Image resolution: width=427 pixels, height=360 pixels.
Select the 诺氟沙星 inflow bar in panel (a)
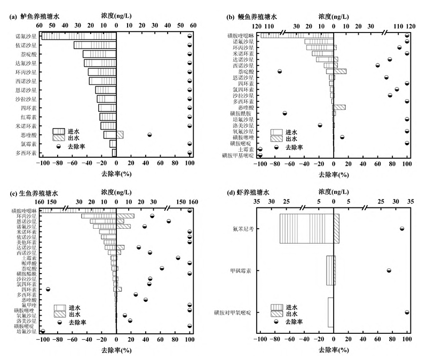[x=79, y=36]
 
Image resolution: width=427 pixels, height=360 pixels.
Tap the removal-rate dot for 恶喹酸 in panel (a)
[x=149, y=134]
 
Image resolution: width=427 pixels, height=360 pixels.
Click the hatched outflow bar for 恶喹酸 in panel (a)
[x=120, y=135]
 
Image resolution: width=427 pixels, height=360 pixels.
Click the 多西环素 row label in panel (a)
[x=26, y=153]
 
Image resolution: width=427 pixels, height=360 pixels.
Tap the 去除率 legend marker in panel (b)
[x=276, y=147]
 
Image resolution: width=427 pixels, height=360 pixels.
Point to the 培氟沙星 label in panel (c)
[x=26, y=331]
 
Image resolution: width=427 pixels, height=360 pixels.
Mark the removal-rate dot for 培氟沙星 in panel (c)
[x=43, y=331]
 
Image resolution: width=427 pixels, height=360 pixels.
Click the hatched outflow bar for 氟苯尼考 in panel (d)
[x=336, y=229]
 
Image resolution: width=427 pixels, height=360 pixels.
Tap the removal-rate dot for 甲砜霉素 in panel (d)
[x=389, y=270]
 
